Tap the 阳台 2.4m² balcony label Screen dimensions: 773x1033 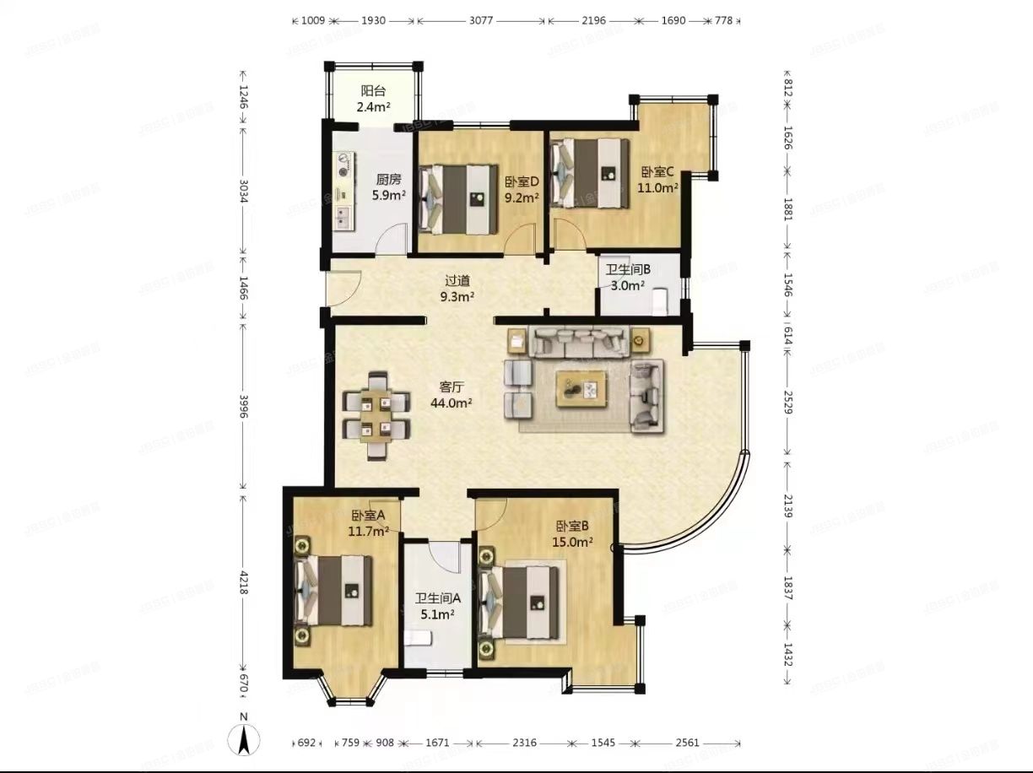tap(373, 99)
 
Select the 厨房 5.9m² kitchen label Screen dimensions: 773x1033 tap(389, 186)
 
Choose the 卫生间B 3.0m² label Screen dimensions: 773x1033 tap(628, 278)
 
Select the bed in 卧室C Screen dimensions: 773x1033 tap(591, 172)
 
